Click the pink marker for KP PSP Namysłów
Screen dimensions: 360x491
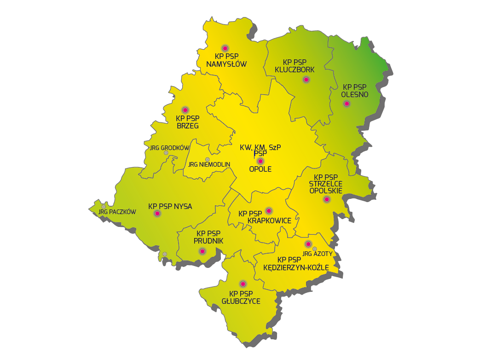(225, 48)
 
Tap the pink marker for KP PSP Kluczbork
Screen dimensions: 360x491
(306, 80)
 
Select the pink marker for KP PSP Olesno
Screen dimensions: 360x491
(347, 104)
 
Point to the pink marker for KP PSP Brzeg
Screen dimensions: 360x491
(185, 110)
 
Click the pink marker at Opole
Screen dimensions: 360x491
(260, 161)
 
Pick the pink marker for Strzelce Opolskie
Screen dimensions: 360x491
(326, 199)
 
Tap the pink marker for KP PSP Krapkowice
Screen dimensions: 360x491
(269, 211)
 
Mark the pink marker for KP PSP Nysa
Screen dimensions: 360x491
(157, 214)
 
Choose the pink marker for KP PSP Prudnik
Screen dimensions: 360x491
(202, 251)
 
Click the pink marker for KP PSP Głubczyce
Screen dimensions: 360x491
(243, 284)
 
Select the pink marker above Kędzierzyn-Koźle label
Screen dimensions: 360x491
(308, 244)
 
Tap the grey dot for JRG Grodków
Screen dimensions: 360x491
(166, 153)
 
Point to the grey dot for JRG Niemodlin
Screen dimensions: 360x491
(207, 159)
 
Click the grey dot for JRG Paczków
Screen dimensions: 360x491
(104, 207)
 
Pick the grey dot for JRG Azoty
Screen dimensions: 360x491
(315, 249)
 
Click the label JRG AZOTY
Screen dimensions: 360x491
(318, 254)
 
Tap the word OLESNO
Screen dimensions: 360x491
(354, 95)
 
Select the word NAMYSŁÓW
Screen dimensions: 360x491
(226, 64)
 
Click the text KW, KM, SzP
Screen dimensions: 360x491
(260, 148)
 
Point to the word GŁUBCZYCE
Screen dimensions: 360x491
(241, 302)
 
